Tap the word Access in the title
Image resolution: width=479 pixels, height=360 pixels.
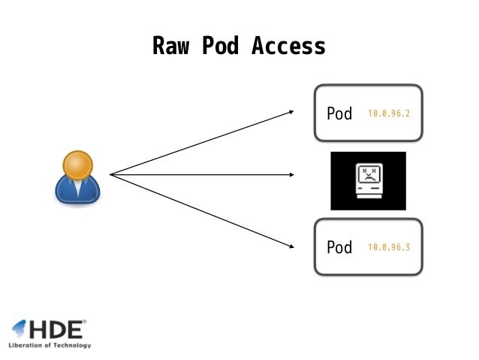[x=288, y=47]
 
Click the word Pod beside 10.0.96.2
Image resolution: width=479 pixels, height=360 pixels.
[x=339, y=114]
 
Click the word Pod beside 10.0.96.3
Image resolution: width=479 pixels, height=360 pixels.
[x=339, y=247]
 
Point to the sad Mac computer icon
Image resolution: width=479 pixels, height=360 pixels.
[x=368, y=181]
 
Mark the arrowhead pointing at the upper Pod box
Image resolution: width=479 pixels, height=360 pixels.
[x=291, y=112]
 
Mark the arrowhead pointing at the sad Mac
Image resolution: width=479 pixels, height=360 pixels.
[x=291, y=175]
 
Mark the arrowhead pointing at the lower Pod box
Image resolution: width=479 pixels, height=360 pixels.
[x=291, y=245]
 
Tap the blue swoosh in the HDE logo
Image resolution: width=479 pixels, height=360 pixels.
[x=19, y=328]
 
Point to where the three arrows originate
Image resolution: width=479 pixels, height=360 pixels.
[x=110, y=175]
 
